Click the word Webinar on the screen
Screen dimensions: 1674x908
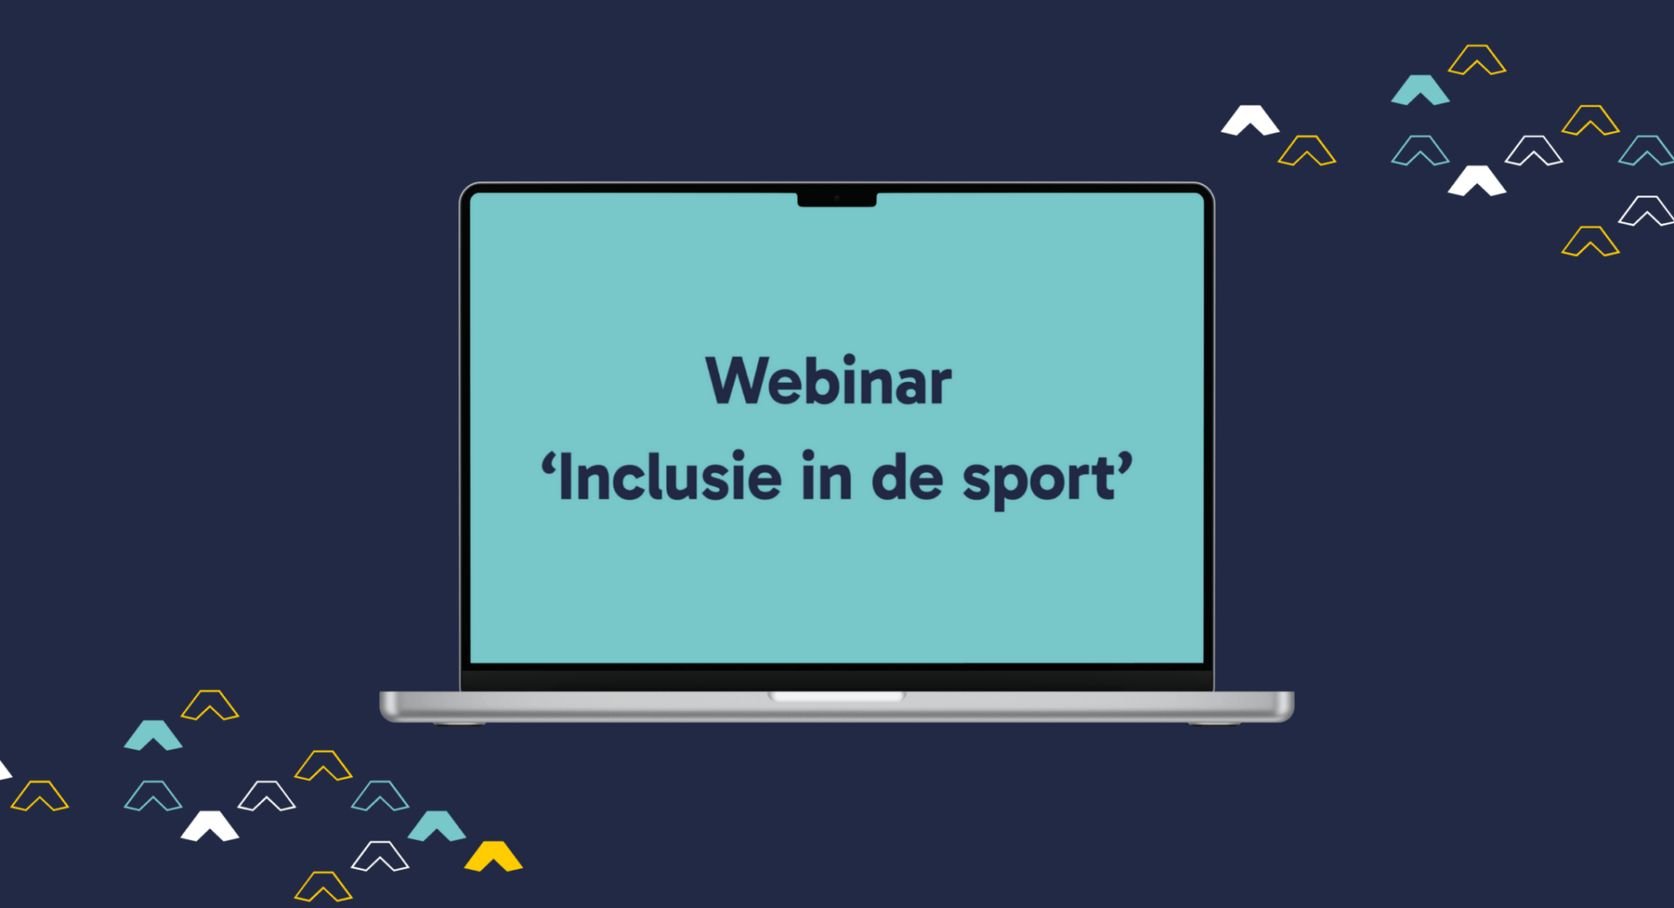828,381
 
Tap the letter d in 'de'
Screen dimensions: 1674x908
888,476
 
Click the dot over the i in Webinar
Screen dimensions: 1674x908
848,359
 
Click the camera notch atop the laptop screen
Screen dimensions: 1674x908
837,199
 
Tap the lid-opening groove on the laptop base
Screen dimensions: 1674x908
837,697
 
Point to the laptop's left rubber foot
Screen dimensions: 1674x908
458,723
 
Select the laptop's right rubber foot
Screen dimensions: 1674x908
1215,723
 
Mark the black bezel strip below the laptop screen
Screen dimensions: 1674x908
837,678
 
